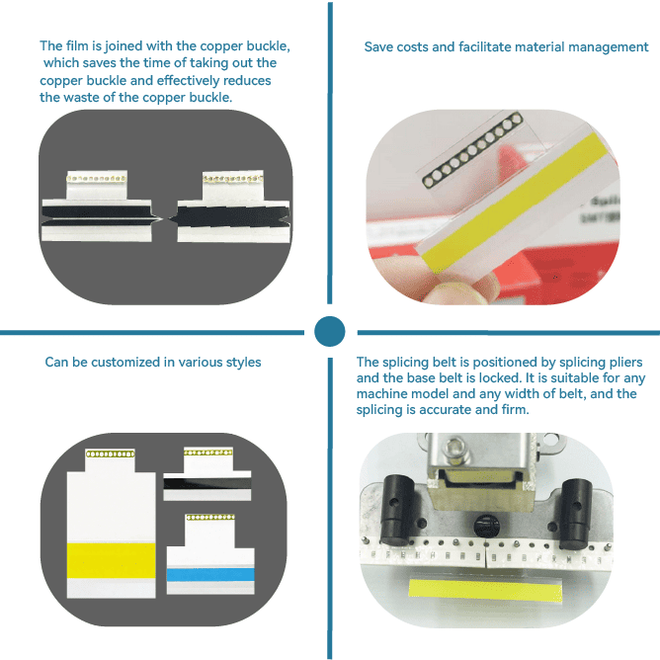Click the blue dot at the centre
tap(330, 331)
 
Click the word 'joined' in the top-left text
tap(123, 46)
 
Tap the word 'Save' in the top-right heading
tap(378, 46)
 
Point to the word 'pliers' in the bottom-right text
tap(624, 363)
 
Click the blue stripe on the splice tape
tap(210, 575)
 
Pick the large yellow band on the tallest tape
tap(111, 560)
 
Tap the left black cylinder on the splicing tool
tap(396, 510)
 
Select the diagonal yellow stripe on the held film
tap(515, 203)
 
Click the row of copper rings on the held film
tap(472, 149)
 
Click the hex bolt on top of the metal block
tap(454, 448)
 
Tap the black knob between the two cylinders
tap(487, 527)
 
